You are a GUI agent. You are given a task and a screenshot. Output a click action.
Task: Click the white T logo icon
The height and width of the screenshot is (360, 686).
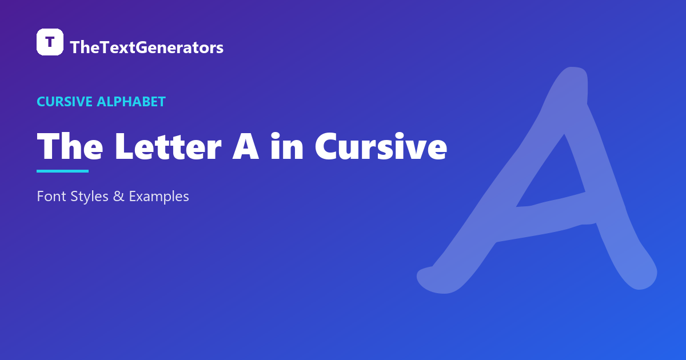point(50,42)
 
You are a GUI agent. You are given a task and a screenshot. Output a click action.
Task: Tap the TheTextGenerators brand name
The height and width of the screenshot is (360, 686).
point(147,47)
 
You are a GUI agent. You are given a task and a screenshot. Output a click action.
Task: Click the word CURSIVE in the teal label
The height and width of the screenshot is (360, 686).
point(65,102)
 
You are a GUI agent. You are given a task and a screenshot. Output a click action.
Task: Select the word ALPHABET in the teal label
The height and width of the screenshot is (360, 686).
point(131,102)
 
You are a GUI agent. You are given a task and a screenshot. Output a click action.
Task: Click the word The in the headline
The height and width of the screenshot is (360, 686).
point(70,146)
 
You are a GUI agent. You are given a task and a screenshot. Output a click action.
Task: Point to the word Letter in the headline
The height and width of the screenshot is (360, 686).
point(168,146)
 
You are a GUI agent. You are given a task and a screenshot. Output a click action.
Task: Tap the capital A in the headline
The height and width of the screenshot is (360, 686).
point(246,146)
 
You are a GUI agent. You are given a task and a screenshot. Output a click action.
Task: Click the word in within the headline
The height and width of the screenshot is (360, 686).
point(287,146)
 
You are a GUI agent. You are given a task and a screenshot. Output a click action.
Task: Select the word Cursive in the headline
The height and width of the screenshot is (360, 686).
point(381,146)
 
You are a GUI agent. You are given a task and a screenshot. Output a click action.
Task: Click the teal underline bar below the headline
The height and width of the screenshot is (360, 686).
point(62,171)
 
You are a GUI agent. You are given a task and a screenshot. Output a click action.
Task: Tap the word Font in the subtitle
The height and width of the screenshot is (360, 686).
point(51,196)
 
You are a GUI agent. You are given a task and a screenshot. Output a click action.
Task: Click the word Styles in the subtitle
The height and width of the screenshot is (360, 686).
point(89,197)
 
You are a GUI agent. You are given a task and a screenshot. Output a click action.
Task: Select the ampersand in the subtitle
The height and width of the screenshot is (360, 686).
point(119,196)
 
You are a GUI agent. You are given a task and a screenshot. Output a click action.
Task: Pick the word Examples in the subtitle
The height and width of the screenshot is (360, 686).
point(159,197)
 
